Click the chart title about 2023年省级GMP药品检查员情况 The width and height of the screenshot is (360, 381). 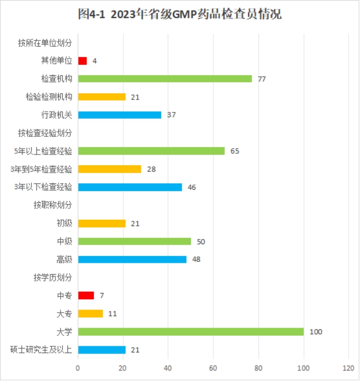(180, 15)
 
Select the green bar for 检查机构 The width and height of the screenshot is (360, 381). (165, 79)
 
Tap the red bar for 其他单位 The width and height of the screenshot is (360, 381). (82, 61)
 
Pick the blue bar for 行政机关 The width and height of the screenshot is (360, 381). (120, 115)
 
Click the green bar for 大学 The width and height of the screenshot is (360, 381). (191, 332)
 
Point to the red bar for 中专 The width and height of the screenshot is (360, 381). (86, 295)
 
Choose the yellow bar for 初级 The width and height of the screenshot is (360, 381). (102, 223)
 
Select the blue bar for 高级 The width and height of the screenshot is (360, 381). (132, 259)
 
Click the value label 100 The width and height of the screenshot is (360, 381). (315, 332)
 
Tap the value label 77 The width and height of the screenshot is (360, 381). (262, 79)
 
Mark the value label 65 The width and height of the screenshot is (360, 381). (235, 151)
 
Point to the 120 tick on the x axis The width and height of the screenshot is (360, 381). (349, 368)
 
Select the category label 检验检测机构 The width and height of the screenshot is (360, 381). (49, 97)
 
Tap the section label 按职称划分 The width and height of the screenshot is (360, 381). (53, 205)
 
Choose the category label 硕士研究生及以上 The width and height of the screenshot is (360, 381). (41, 350)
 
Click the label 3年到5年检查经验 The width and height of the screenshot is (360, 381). (41, 169)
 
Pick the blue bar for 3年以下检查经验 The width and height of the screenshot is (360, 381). (130, 187)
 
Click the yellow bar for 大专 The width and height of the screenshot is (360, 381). (91, 314)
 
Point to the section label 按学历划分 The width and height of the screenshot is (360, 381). (53, 278)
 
